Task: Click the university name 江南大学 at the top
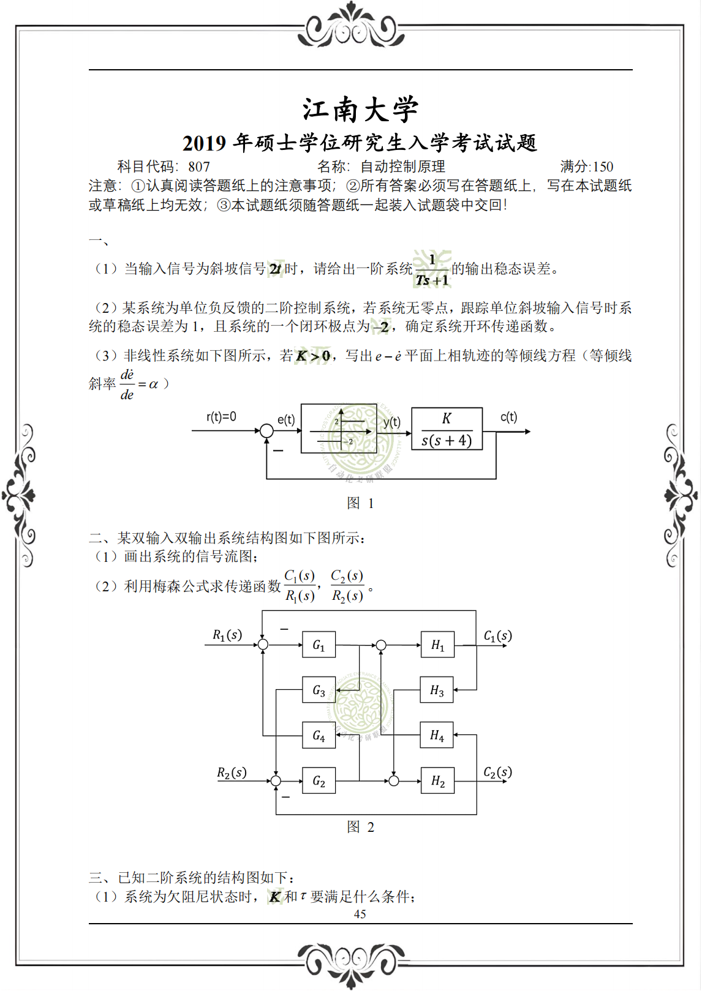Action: [x=360, y=110]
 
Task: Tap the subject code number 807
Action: [x=199, y=166]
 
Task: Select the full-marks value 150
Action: [x=603, y=166]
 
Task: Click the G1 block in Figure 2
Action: [x=319, y=645]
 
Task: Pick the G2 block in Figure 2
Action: [x=319, y=780]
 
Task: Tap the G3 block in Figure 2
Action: [x=319, y=690]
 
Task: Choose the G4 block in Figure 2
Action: [x=319, y=735]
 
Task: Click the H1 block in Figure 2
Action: [x=437, y=645]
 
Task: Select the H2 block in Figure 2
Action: [x=437, y=780]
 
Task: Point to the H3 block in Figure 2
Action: [x=437, y=690]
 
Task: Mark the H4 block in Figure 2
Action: [x=437, y=735]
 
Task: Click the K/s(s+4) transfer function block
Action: [x=447, y=429]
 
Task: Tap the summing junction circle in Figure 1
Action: [x=266, y=431]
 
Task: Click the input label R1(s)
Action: [x=227, y=635]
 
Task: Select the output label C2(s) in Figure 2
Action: [x=497, y=772]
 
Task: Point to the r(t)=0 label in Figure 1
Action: [x=221, y=417]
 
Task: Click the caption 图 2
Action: [x=360, y=827]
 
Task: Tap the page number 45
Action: [x=360, y=914]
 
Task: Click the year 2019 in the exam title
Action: [x=205, y=143]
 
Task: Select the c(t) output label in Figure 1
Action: [x=508, y=417]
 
